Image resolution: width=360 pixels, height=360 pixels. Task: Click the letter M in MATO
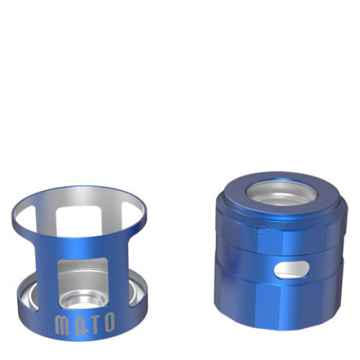pos(62,325)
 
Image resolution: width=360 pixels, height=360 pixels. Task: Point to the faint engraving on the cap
pos(261,230)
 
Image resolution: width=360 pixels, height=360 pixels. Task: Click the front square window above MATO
pos(82,283)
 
